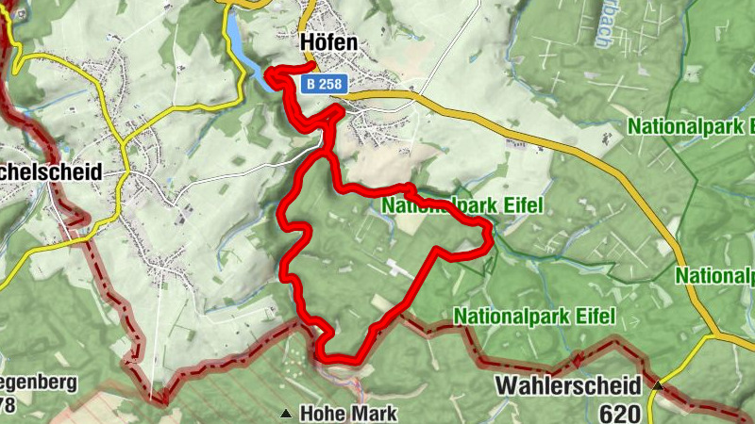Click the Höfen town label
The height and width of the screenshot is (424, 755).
[x=329, y=42]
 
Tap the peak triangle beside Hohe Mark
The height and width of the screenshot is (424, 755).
[x=285, y=413]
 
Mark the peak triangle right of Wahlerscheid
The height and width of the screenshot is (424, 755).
[x=658, y=385]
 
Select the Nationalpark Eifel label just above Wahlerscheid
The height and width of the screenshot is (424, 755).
[x=534, y=315]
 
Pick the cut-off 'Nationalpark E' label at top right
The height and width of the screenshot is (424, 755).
[x=693, y=125]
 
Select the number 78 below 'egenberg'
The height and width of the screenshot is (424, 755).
[x=8, y=405]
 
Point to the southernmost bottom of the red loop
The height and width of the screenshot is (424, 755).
[x=340, y=358]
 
